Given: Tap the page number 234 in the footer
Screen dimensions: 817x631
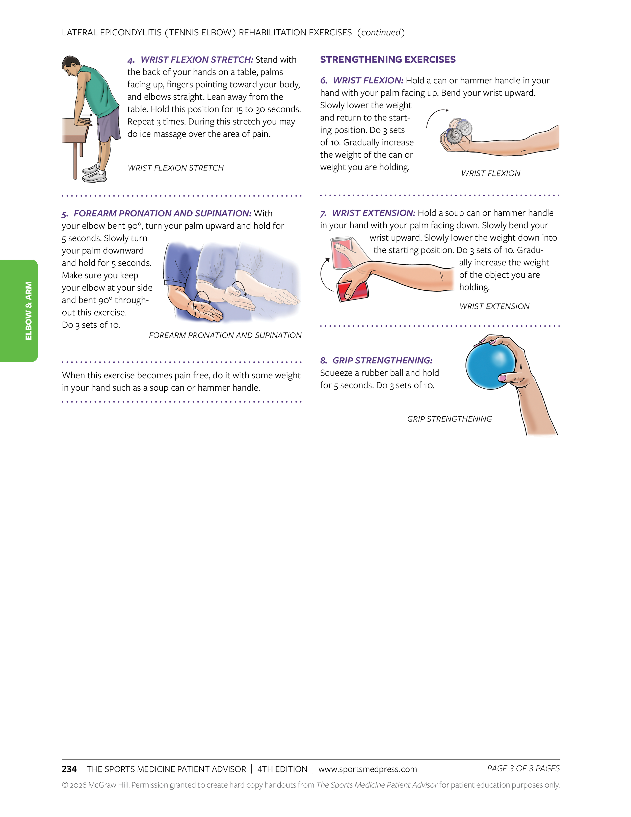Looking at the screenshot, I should coord(69,769).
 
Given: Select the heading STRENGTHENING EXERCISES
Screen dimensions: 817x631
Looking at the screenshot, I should coord(388,60).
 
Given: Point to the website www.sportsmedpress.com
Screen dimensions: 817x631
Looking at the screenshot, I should coord(367,769).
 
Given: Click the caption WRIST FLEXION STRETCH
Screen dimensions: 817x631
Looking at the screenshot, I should coord(176,168).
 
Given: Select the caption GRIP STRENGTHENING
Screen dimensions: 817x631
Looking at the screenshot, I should coord(449,419).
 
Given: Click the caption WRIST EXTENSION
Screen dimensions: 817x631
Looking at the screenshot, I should coord(494,306).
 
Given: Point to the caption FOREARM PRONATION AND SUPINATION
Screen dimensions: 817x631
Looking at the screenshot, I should coord(225,335).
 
